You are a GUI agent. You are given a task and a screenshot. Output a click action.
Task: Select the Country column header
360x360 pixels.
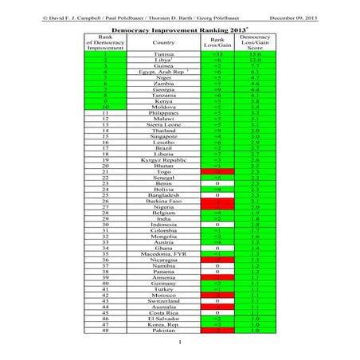(163, 42)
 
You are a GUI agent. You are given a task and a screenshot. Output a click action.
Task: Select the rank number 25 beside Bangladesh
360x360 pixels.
(105, 194)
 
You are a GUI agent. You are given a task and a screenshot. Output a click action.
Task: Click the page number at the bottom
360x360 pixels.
(180, 342)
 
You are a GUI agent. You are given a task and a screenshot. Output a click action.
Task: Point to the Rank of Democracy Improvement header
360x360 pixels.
(105, 42)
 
